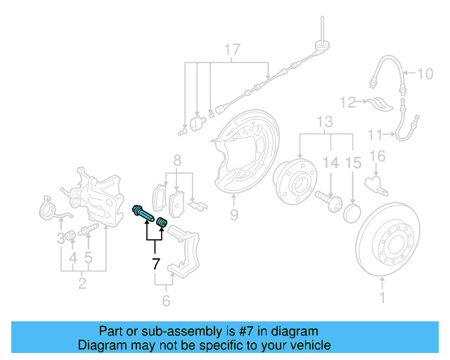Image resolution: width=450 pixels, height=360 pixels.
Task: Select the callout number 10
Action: (x=426, y=74)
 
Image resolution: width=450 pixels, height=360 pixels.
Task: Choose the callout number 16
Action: (x=378, y=156)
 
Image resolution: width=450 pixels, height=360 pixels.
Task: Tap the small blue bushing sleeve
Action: (x=162, y=223)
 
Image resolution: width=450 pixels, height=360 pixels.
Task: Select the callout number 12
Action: (x=348, y=103)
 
